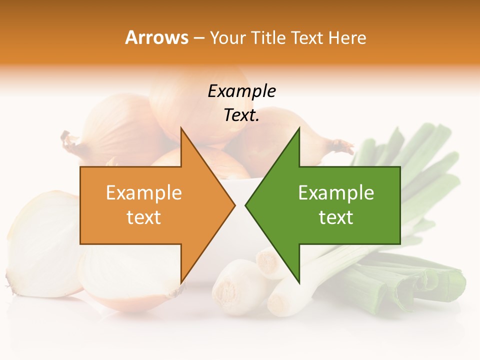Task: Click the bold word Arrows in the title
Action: pyautogui.click(x=157, y=37)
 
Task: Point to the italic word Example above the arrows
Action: pyautogui.click(x=241, y=91)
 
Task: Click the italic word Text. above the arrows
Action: pyautogui.click(x=241, y=115)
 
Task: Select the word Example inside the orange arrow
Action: pyautogui.click(x=144, y=193)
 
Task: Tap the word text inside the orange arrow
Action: pyautogui.click(x=144, y=217)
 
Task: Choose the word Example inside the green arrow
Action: pyautogui.click(x=336, y=193)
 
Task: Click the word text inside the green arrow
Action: pyautogui.click(x=336, y=217)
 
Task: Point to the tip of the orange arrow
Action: pyautogui.click(x=234, y=205)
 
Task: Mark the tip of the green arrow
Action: pyautogui.click(x=245, y=205)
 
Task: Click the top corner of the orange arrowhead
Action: pyautogui.click(x=181, y=128)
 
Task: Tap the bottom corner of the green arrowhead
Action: pyautogui.click(x=299, y=282)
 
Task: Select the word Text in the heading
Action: pyautogui.click(x=307, y=37)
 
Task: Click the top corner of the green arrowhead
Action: pyautogui.click(x=299, y=128)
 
